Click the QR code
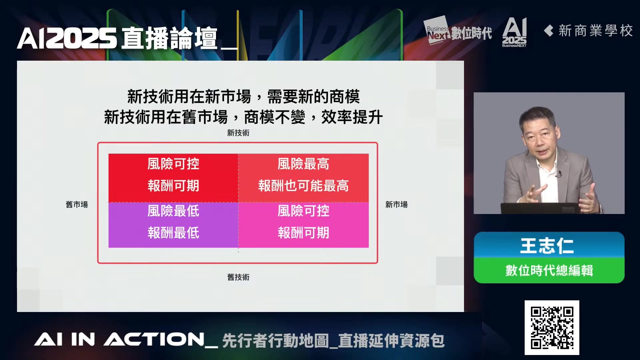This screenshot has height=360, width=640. [x=552, y=328]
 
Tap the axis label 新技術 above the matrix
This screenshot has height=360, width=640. [x=238, y=133]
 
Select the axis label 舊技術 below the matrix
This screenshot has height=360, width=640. [x=238, y=277]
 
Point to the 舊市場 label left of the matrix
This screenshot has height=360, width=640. [x=77, y=205]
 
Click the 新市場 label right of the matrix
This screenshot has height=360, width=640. [x=397, y=205]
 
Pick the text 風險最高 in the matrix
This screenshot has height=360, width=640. [x=303, y=164]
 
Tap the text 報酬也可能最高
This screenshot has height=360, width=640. [x=303, y=186]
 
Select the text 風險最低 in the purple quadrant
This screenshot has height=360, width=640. [x=173, y=211]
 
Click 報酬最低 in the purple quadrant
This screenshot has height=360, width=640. [x=173, y=233]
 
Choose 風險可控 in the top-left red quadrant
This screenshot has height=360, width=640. [x=173, y=164]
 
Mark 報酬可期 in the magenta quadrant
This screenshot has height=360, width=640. [x=303, y=233]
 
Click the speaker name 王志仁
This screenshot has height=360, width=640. [x=547, y=246]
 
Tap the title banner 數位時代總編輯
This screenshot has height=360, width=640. [x=549, y=270]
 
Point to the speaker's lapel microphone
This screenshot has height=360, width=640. [x=560, y=173]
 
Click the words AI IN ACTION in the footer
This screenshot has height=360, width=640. [x=119, y=340]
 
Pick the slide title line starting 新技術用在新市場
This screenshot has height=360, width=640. [x=243, y=97]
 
